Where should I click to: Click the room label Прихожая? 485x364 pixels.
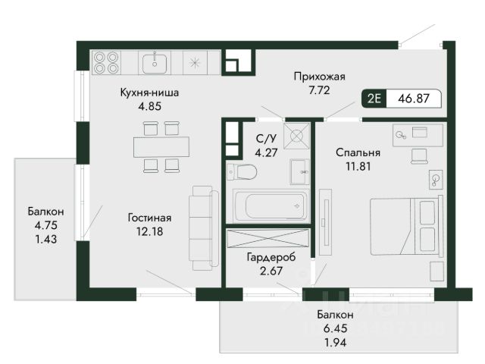tap(319, 77)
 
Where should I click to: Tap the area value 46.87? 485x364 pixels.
tap(414, 99)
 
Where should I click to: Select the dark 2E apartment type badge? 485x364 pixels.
tap(374, 99)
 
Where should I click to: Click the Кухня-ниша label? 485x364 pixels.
tap(149, 93)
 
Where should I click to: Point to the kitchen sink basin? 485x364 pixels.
tap(155, 63)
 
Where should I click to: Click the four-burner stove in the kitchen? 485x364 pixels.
tap(106, 62)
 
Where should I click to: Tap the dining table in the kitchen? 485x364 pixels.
tap(161, 147)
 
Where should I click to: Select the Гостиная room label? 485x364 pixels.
tap(149, 218)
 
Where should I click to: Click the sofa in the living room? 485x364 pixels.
tap(204, 227)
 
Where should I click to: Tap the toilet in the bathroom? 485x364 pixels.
tap(242, 172)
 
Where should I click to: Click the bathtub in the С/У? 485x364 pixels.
tap(271, 205)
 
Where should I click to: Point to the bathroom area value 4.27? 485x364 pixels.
tap(266, 152)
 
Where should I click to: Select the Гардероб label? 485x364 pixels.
tap(271, 257)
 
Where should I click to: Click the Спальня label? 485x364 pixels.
tap(358, 152)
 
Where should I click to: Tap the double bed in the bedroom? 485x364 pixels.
tap(406, 227)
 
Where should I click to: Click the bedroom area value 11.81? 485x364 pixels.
tap(358, 167)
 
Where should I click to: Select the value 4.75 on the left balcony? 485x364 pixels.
tap(45, 225)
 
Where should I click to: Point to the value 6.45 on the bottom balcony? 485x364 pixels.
tap(335, 328)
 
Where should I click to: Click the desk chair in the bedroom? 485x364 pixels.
tap(419, 155)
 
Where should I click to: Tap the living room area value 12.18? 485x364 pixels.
tap(150, 231)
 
